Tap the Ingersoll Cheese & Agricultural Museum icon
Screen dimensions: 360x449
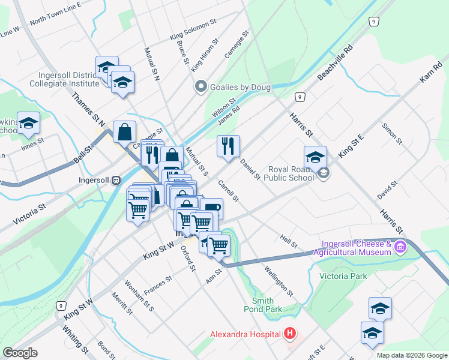coord(400,246)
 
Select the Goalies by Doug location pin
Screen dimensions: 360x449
coord(200,87)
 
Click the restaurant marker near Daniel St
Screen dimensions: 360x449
coord(228,146)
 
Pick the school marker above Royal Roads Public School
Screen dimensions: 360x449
coord(315,157)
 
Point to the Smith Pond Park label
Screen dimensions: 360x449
coord(267,305)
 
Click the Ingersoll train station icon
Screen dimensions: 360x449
coord(117,179)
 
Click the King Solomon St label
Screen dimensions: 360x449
coord(193,31)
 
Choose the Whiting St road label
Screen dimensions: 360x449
coord(76,340)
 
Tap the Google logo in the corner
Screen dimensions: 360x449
coord(20,353)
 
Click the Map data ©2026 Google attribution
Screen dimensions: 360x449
coord(412,355)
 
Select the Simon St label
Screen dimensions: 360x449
coord(392,134)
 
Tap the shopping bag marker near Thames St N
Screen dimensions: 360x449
coord(124,132)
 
